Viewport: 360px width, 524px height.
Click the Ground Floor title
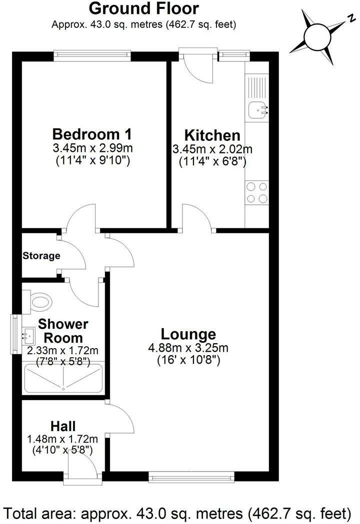coord(143,8)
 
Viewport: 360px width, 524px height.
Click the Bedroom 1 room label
coord(92,134)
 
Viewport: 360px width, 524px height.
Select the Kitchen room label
coord(212,135)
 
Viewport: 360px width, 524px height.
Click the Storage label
coord(41,256)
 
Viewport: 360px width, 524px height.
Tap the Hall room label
coord(63,426)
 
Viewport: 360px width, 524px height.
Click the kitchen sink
coord(258,107)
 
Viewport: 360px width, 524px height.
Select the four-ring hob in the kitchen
coord(257,192)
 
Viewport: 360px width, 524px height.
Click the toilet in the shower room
coord(40,301)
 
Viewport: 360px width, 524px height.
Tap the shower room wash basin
coord(26,334)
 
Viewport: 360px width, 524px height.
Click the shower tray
coord(63,378)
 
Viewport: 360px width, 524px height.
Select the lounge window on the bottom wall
coord(192,479)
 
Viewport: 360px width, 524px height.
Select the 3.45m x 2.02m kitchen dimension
coord(212,149)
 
